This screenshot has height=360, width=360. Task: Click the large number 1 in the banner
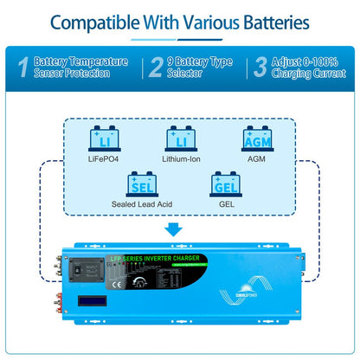[x=21, y=67]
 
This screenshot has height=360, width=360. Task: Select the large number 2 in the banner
[x=155, y=67]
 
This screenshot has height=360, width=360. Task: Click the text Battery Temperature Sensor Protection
[x=80, y=67]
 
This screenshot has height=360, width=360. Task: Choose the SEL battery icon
[x=141, y=184]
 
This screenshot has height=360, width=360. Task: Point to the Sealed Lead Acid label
[x=141, y=204]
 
